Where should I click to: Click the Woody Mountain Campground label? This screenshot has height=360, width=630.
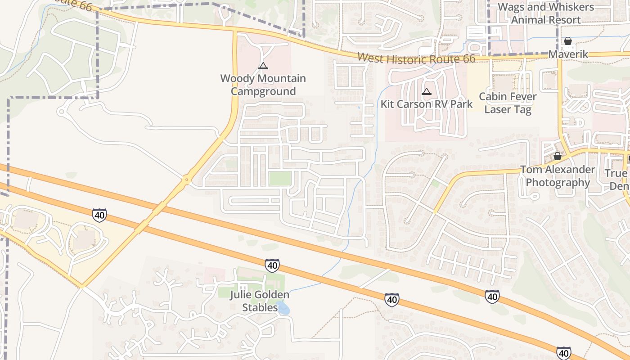point(263,85)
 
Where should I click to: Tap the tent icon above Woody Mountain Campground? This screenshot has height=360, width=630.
point(263,66)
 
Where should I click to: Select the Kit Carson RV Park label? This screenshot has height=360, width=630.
point(426,104)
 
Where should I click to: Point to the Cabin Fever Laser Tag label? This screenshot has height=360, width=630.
point(508,103)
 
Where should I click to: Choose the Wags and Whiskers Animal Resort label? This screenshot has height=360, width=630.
point(546,13)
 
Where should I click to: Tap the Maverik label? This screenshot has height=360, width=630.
point(568,54)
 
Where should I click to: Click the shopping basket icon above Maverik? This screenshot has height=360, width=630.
point(568,41)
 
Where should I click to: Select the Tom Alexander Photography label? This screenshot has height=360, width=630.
point(558,176)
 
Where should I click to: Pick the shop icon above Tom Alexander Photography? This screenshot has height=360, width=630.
point(558,156)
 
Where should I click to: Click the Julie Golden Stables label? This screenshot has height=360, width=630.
point(260,301)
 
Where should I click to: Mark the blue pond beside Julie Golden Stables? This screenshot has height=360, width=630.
point(283,308)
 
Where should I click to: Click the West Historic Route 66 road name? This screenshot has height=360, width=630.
point(417,58)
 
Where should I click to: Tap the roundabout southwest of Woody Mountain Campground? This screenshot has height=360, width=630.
point(186,180)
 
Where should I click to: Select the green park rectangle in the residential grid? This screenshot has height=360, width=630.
point(280,178)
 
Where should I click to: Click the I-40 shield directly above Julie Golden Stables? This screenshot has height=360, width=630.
point(272,265)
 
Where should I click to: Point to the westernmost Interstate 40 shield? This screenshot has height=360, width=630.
point(99,215)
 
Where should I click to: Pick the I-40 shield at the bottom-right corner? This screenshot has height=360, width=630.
point(563,353)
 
